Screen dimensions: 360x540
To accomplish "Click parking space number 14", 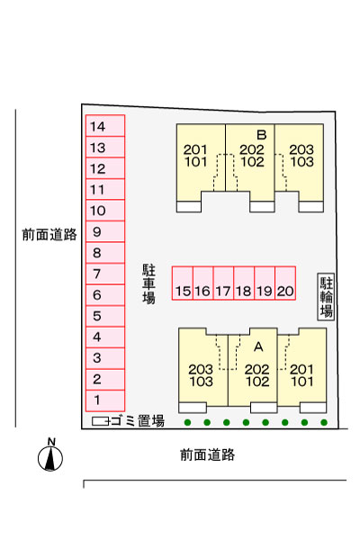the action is [x=105, y=126].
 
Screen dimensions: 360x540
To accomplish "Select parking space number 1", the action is [x=105, y=400].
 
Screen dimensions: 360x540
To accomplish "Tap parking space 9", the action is [x=105, y=231].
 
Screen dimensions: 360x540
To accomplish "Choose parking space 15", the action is [x=183, y=283].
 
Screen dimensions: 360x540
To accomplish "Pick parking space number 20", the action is [x=285, y=283].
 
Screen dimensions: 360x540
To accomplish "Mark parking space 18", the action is [x=244, y=283].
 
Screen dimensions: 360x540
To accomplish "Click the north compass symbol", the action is [x=50, y=454].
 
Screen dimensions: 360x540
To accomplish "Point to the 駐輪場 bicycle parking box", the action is [x=326, y=297].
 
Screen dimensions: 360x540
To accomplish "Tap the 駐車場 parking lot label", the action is [x=148, y=284].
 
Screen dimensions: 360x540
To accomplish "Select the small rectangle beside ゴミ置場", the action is [x=100, y=421].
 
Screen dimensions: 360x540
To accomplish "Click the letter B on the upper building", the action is [x=262, y=135].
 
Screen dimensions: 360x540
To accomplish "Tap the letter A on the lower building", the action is [x=258, y=346].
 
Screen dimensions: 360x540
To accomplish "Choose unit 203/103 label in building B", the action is [x=301, y=156].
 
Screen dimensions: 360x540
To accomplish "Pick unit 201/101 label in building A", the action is [x=301, y=375].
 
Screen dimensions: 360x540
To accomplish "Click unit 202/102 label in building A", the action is [x=257, y=375].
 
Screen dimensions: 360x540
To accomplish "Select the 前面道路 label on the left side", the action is [x=49, y=235].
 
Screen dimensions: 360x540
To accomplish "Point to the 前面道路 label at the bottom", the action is [x=207, y=454].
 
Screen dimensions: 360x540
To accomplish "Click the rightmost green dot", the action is [x=324, y=422].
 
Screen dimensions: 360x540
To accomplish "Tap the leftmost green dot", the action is [x=187, y=422].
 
